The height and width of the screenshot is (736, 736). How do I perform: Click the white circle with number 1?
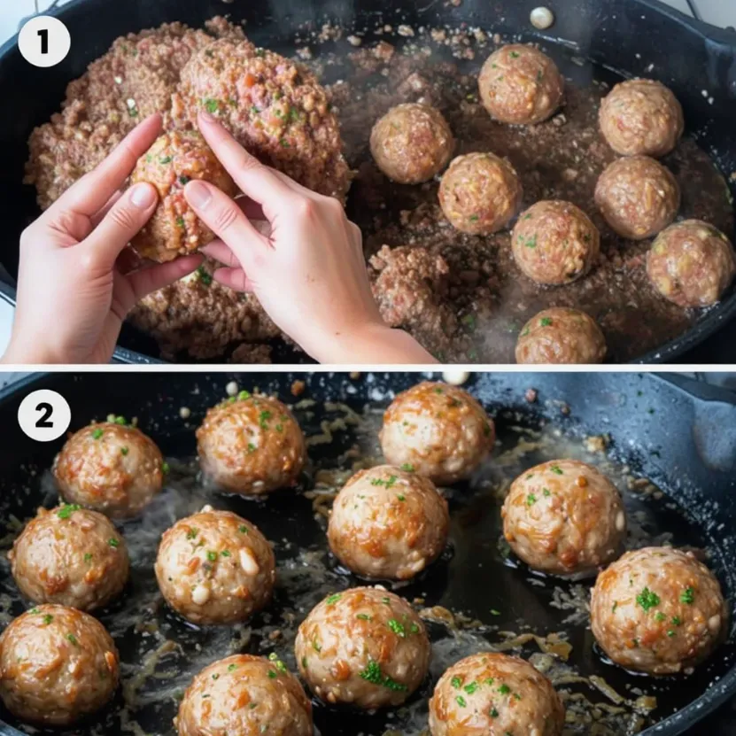point(44,42)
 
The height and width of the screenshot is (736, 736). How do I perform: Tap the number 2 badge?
point(44,415)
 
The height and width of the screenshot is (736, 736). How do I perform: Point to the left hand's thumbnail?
point(143,194)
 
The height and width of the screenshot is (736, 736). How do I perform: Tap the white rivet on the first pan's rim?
point(542,17)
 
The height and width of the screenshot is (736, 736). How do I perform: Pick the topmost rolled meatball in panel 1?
point(520,83)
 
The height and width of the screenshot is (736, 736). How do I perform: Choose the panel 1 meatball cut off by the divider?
point(561,336)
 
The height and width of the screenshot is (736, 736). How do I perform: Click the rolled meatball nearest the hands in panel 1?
point(412,143)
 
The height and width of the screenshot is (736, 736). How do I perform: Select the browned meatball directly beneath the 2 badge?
point(109,470)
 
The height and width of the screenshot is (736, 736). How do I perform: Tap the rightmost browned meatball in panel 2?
point(659,609)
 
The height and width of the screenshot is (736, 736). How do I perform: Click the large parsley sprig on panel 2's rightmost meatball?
point(647,600)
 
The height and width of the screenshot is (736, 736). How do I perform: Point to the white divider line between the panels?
point(368,368)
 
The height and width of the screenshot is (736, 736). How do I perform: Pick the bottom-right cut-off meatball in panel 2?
point(496,694)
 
